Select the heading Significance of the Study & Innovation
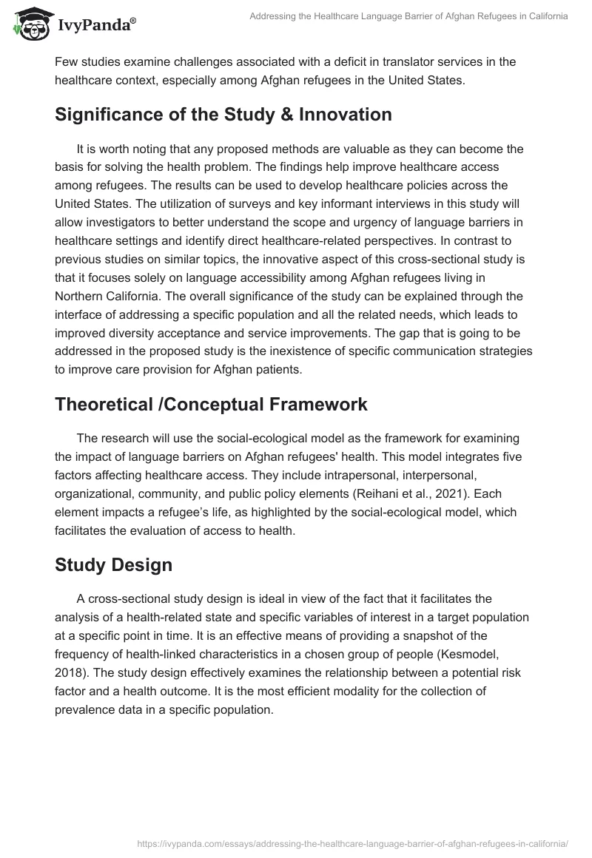click(223, 115)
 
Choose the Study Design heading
click(113, 565)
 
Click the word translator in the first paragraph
click(364, 61)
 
